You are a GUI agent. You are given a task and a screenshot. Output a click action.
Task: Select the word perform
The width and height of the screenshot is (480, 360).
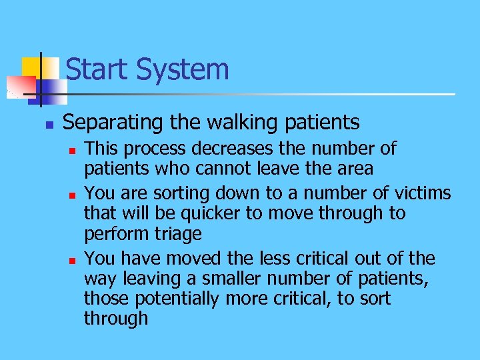click(109, 233)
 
